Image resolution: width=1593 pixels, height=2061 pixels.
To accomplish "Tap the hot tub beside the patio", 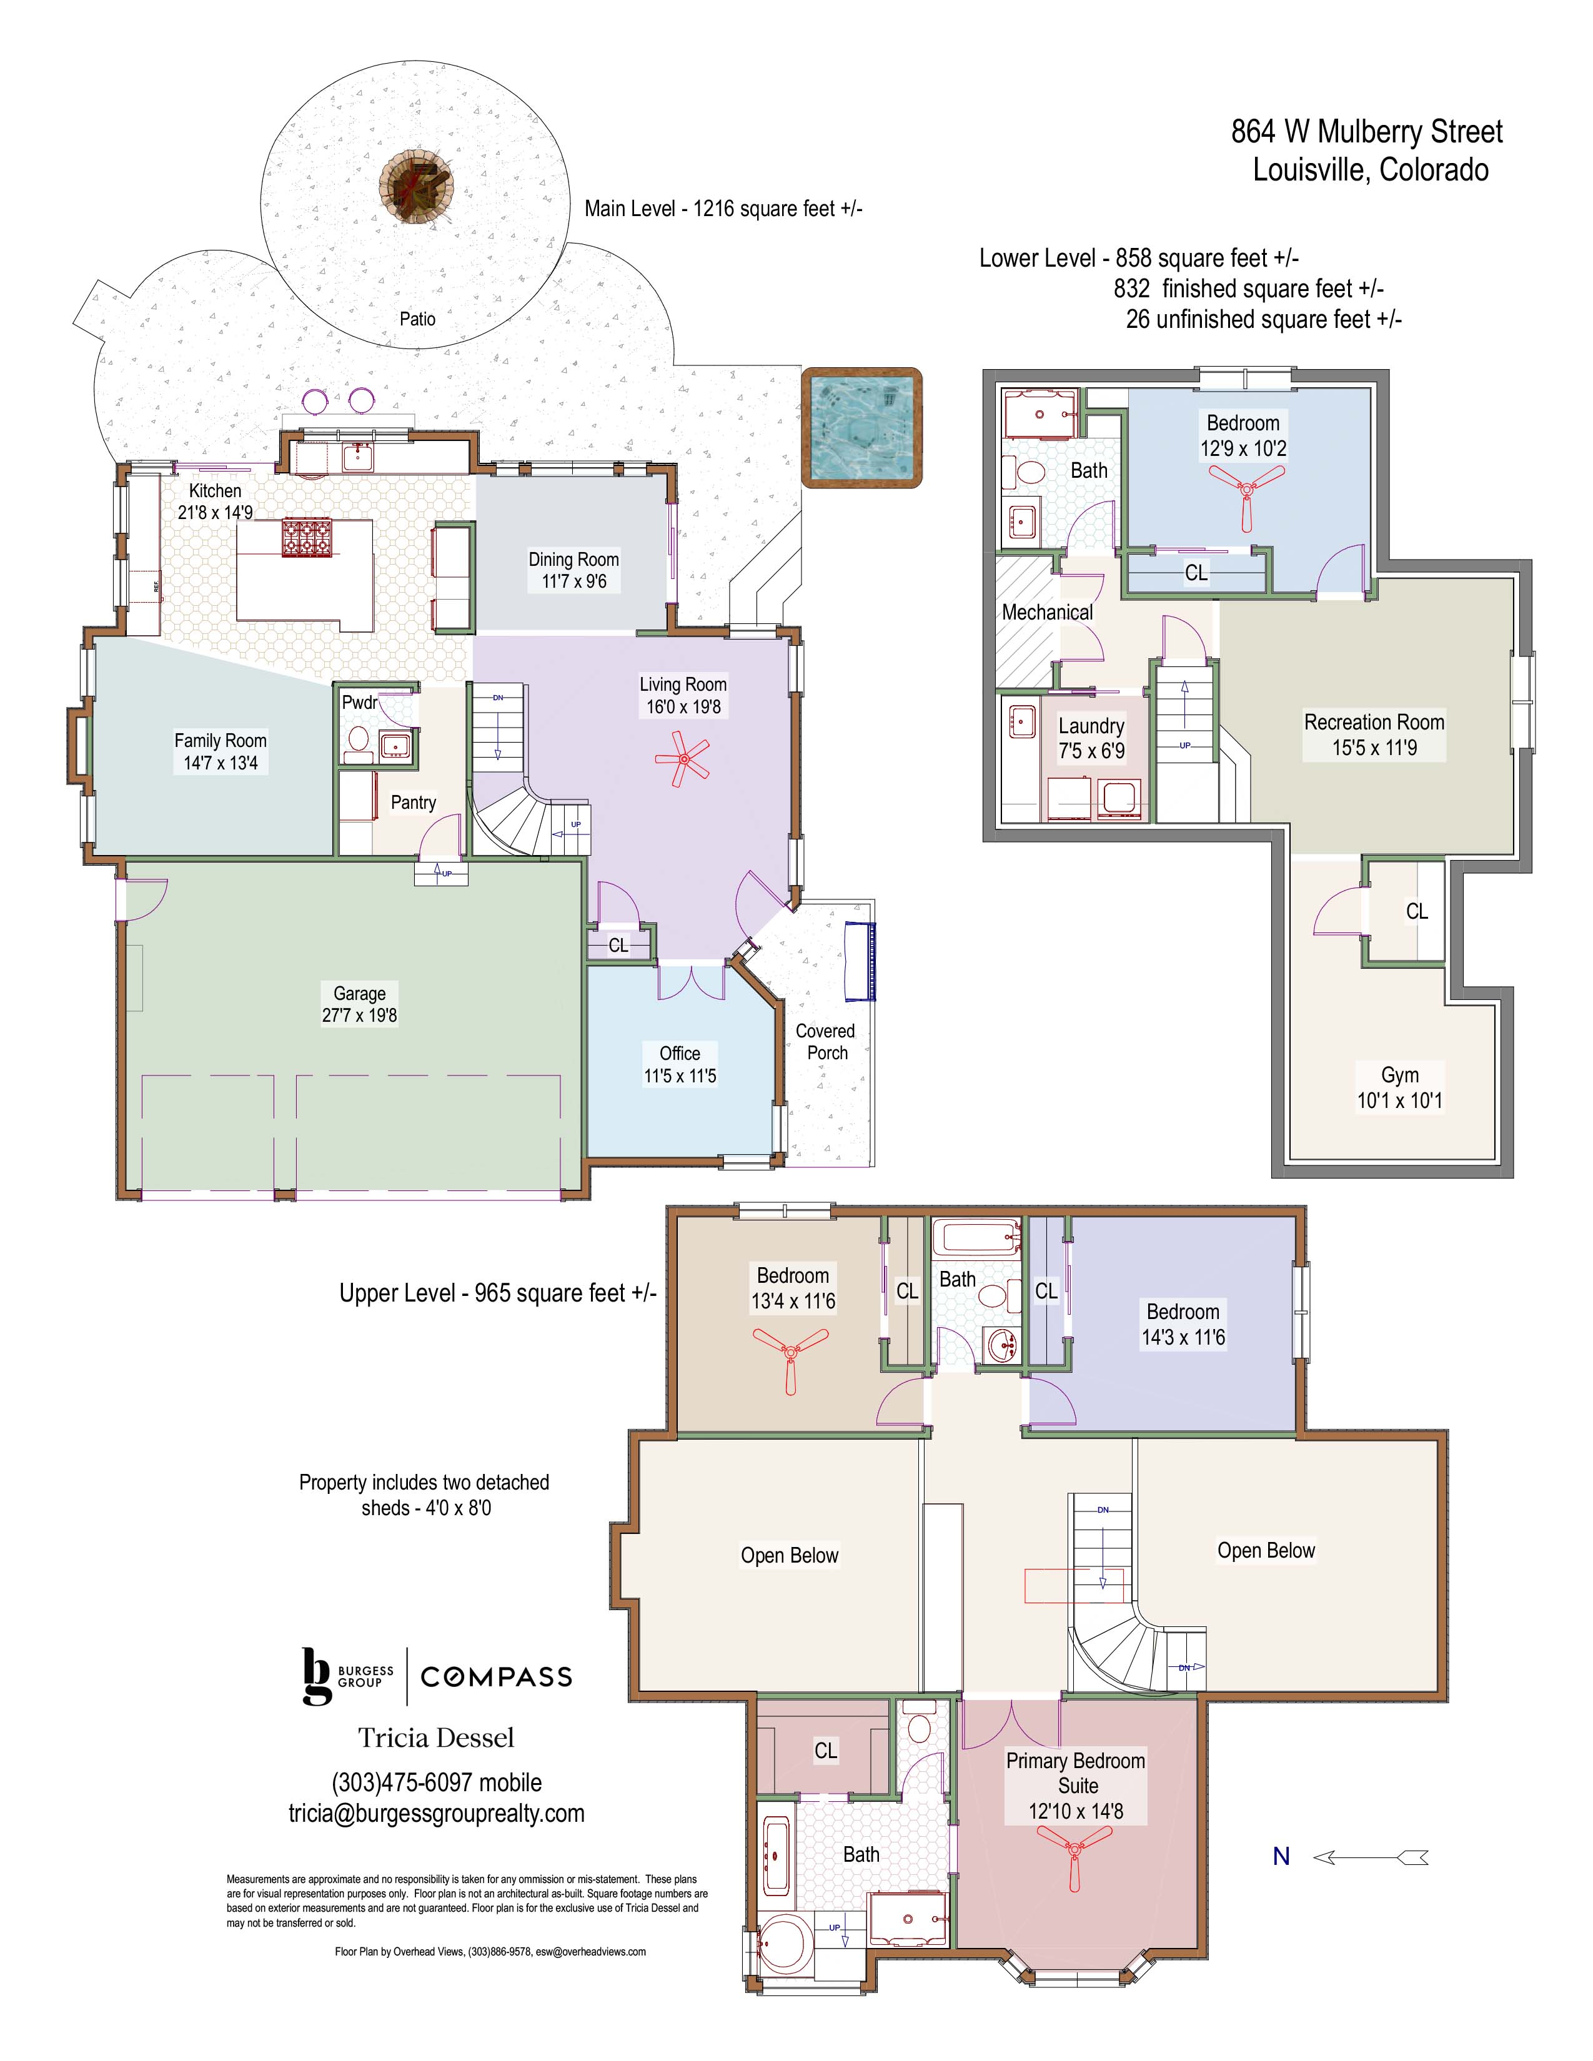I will click(x=861, y=427).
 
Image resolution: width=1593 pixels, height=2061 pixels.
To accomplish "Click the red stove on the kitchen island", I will click(x=307, y=540).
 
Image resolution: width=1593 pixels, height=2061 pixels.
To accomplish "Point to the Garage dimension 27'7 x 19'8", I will click(x=360, y=1016).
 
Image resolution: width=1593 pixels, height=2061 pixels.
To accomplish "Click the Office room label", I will click(x=680, y=1053).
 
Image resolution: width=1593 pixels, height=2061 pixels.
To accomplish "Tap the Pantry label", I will click(x=414, y=802).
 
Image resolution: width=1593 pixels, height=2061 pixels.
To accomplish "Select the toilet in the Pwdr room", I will click(x=359, y=743).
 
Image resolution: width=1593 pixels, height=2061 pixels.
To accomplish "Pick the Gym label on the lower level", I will click(x=1399, y=1075).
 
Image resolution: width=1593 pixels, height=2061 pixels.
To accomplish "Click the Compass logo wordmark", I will click(x=497, y=1677).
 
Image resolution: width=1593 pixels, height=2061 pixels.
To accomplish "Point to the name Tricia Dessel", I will click(x=436, y=1738).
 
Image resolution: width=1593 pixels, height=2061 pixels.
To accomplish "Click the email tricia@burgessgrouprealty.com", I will click(x=436, y=1814).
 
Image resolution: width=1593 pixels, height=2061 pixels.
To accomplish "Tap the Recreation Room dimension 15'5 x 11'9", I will click(x=1374, y=748).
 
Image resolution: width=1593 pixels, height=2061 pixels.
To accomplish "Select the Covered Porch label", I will click(x=826, y=1042).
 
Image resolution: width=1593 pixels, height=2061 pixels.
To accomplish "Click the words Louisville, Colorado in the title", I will click(x=1370, y=171).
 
